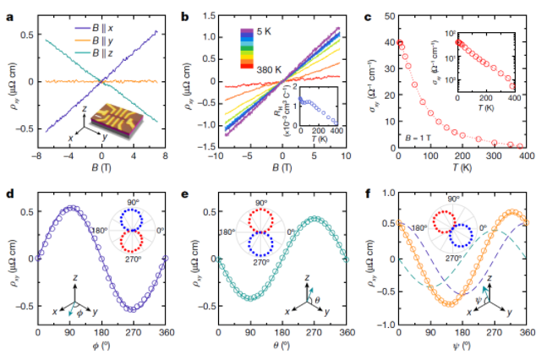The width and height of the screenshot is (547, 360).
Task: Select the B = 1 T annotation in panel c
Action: click(x=420, y=135)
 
